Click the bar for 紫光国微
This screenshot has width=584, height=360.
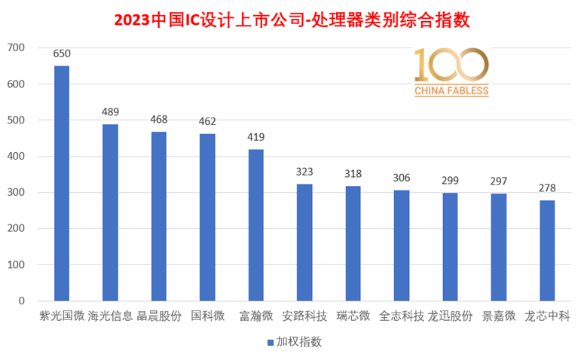(62, 183)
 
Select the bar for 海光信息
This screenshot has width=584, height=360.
(110, 212)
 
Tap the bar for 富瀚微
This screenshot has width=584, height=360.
(256, 225)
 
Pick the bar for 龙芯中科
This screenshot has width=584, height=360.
(547, 251)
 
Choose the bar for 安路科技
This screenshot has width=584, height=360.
(304, 243)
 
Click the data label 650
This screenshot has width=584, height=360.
(62, 54)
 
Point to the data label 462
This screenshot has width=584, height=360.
(207, 122)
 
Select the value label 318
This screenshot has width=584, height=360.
(353, 174)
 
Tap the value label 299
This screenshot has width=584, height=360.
(450, 181)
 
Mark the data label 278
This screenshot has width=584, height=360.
(547, 188)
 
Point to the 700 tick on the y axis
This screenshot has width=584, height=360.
(16, 47)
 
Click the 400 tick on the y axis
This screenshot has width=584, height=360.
(16, 157)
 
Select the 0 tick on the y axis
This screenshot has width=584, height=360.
(22, 301)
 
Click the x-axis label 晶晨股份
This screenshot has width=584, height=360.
(159, 316)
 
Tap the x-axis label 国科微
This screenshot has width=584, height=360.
(207, 316)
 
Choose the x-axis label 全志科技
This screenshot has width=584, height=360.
(402, 316)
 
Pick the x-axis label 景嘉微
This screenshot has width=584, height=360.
(499, 316)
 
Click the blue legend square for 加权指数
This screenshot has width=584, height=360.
(271, 343)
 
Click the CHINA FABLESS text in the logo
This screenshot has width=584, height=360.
(451, 91)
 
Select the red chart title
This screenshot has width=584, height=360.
(292, 20)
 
